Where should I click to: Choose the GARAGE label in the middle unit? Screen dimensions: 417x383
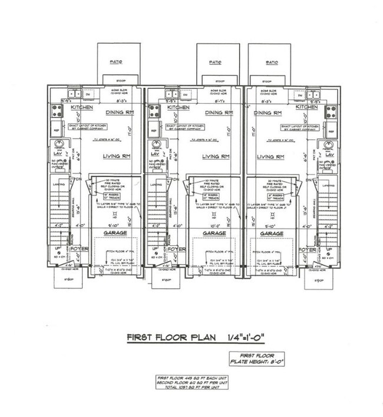click(216, 234)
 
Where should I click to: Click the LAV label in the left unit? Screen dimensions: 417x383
click(59, 153)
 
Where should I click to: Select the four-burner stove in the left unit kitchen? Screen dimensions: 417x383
click(58, 110)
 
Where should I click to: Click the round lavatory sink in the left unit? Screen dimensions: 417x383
click(59, 144)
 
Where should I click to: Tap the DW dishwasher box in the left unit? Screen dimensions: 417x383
click(87, 93)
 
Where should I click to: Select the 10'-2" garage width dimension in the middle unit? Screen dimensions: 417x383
click(213, 225)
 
